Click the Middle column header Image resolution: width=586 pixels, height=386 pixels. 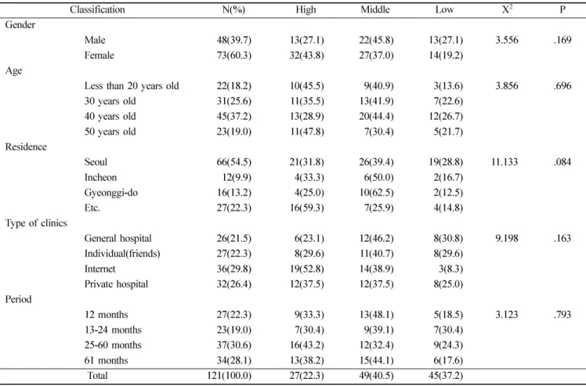click(374, 9)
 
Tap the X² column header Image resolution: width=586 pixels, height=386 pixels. click(507, 9)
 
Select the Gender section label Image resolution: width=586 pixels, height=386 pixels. click(20, 25)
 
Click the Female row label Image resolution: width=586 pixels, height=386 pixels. click(99, 56)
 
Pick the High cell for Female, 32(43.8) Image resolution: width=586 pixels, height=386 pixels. click(307, 56)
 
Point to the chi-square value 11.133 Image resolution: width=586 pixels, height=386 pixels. click(505, 162)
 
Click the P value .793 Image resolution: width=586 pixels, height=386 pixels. click(562, 315)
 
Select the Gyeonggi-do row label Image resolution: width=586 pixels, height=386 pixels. click(111, 193)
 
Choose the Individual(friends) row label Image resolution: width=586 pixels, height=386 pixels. click(122, 254)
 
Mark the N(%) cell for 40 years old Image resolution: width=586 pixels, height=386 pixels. click(234, 117)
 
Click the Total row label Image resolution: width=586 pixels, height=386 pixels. click(97, 376)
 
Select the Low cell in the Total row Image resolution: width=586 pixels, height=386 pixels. click(446, 376)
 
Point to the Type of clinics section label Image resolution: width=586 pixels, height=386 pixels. click(36, 223)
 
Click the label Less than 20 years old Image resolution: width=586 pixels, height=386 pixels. click(132, 86)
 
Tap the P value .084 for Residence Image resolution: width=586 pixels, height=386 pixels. click(562, 162)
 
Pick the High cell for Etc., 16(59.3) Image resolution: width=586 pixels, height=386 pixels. click(307, 208)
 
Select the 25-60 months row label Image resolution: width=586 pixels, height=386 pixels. click(113, 345)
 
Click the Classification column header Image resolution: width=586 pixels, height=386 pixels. click(97, 9)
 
